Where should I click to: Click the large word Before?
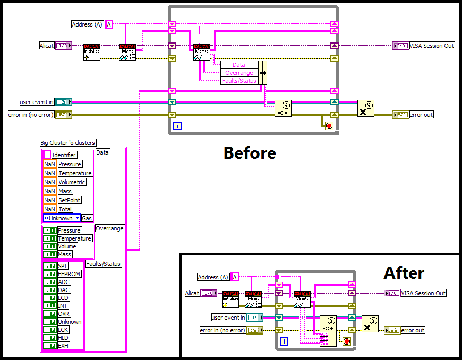pyautogui.click(x=250, y=153)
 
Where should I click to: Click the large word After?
pyautogui.click(x=404, y=273)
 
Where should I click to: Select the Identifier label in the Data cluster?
pyautogui.click(x=64, y=155)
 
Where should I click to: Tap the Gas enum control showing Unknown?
pyautogui.click(x=62, y=218)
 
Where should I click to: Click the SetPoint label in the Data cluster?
pyautogui.click(x=69, y=200)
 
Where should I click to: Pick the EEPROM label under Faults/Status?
pyautogui.click(x=69, y=274)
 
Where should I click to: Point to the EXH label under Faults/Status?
pyautogui.click(x=64, y=346)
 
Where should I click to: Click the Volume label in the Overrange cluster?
pyautogui.click(x=67, y=246)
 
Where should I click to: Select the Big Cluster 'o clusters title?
pyautogui.click(x=68, y=143)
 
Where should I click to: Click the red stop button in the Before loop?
pyautogui.click(x=328, y=125)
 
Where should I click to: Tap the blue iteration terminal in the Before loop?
pyautogui.click(x=177, y=126)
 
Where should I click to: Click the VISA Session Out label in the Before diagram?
pyautogui.click(x=432, y=46)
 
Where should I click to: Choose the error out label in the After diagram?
pyautogui.click(x=413, y=330)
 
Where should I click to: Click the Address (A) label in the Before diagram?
pyautogui.click(x=87, y=24)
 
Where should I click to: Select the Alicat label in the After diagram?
pyautogui.click(x=192, y=293)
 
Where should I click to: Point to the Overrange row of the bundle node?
pyautogui.click(x=239, y=73)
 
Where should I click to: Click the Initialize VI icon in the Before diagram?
pyautogui.click(x=92, y=52)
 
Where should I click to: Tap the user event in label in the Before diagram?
pyautogui.click(x=37, y=101)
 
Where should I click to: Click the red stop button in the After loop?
pyautogui.click(x=347, y=341)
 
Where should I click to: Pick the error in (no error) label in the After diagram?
pyautogui.click(x=222, y=330)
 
